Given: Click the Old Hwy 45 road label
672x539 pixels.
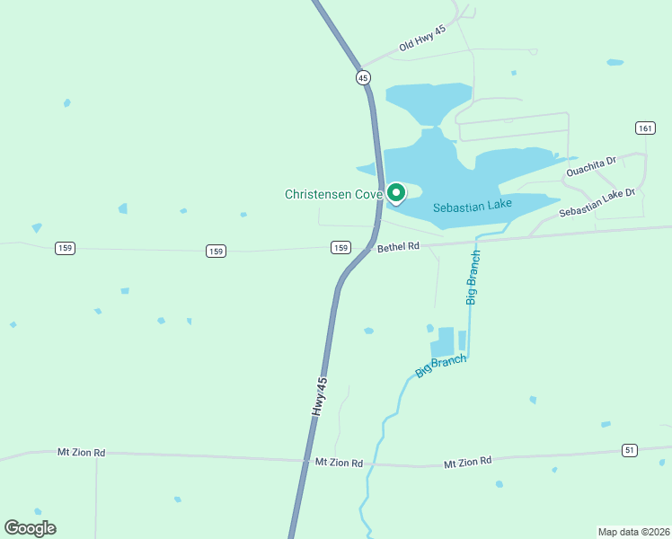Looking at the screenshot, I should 422,38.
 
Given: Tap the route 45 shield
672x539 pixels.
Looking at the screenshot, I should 363,77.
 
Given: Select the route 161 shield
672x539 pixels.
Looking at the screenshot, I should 644,128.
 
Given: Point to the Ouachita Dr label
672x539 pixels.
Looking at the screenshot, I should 590,166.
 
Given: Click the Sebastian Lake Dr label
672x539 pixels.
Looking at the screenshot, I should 597,202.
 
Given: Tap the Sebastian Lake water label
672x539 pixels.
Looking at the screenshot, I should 473,207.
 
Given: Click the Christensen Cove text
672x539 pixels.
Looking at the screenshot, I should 333,194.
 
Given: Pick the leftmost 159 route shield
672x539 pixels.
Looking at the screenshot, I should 64,248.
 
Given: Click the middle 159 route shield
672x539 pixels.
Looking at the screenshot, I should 216,251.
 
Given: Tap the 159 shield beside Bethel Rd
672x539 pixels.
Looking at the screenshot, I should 340,248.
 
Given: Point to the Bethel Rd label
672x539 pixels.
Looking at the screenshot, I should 399,246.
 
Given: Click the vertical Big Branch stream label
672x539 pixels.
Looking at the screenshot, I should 473,278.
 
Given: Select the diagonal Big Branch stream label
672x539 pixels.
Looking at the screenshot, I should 441,365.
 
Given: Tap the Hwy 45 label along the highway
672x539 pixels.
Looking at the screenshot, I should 320,395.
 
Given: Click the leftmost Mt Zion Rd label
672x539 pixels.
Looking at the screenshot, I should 81,452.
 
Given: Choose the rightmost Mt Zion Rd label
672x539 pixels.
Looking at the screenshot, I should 467,462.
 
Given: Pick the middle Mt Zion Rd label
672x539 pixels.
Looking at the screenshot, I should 339,463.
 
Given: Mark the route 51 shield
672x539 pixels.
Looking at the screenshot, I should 630,449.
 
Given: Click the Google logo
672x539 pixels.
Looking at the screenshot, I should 30,528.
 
